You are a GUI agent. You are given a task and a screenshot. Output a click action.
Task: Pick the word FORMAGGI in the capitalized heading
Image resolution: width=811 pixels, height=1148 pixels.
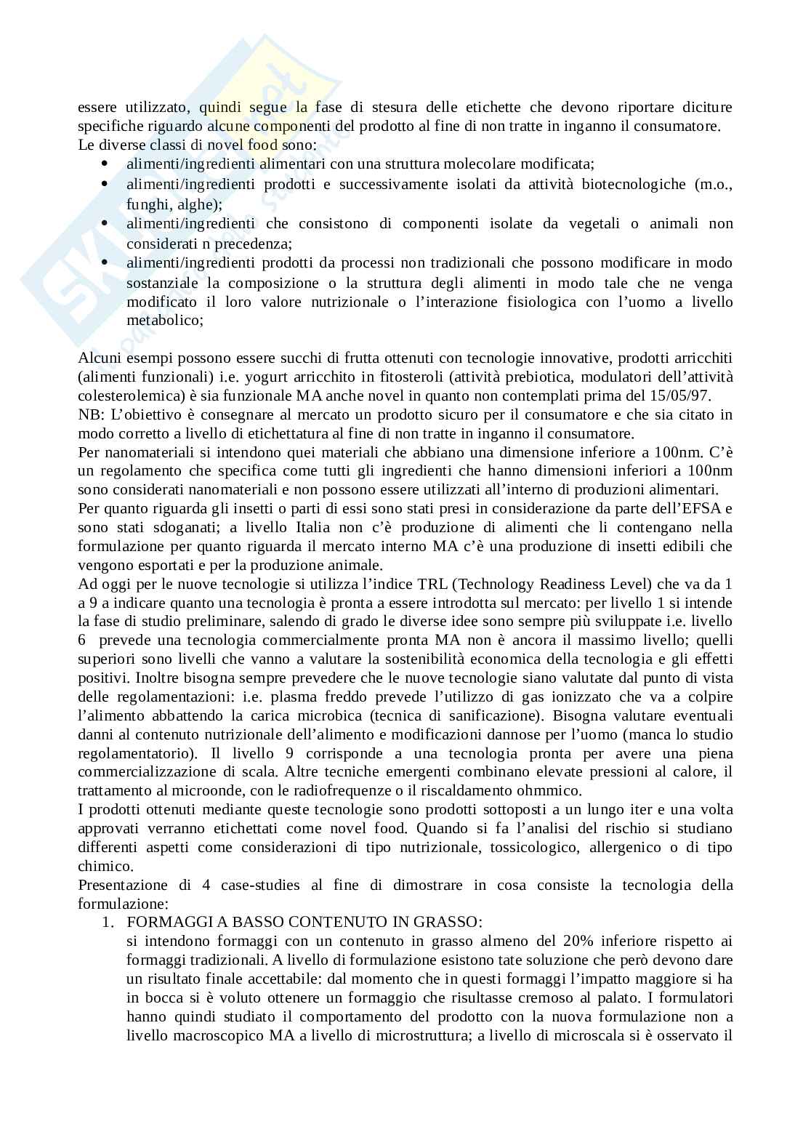163,922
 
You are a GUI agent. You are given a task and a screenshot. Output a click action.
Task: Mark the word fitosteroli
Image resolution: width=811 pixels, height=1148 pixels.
395,377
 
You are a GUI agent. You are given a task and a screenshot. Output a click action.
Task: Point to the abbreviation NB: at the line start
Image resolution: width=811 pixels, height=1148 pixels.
90,414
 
